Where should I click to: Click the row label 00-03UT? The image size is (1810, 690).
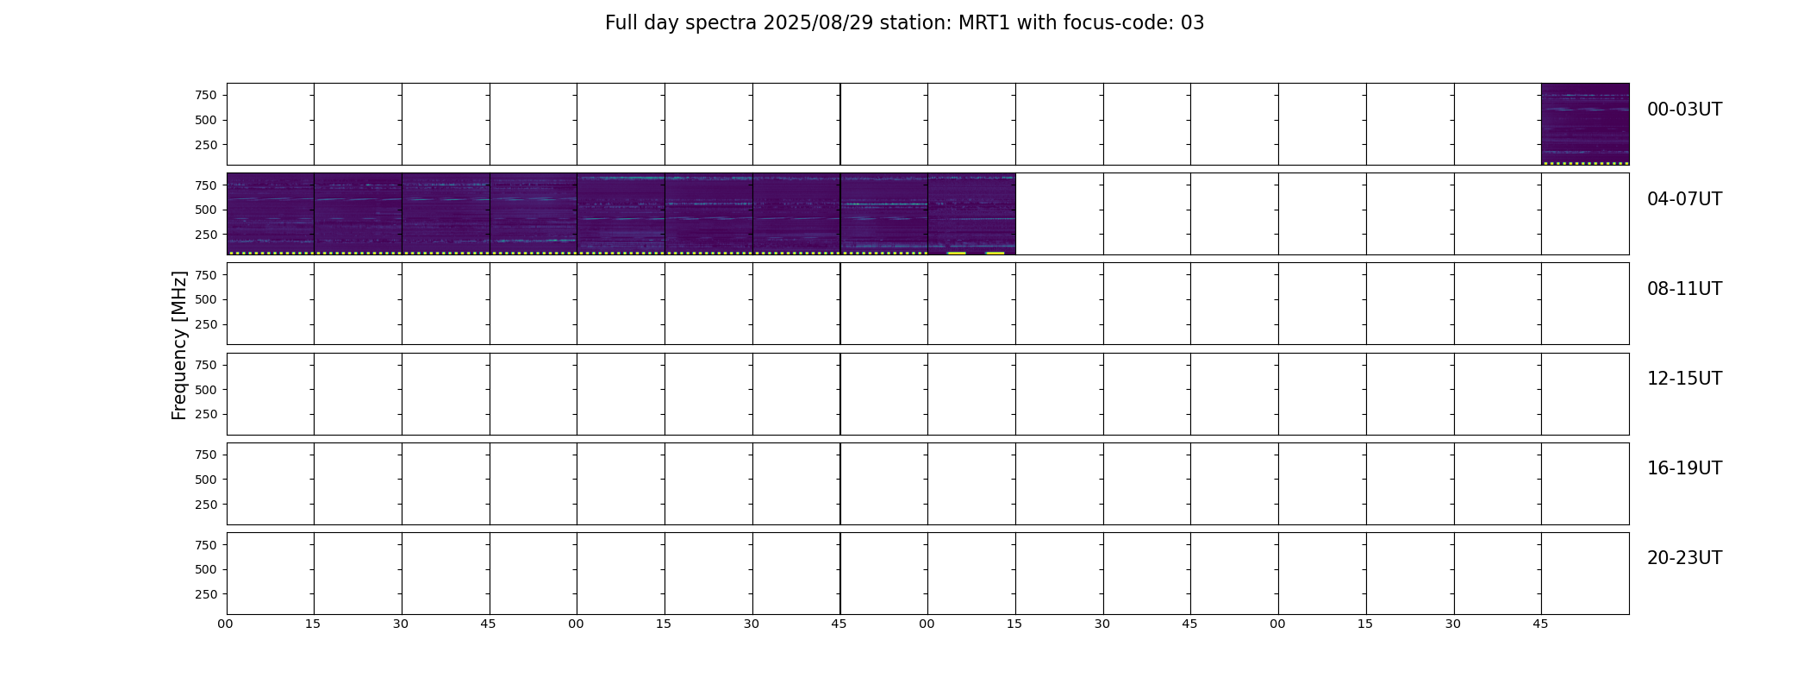point(1684,110)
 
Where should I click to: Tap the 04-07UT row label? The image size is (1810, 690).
point(1684,199)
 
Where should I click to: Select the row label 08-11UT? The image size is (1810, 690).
point(1684,289)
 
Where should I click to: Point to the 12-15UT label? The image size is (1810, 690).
point(1684,379)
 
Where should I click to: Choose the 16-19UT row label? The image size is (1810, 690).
point(1684,468)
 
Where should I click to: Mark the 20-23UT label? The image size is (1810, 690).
point(1684,558)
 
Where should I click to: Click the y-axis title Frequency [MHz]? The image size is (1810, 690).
point(179,346)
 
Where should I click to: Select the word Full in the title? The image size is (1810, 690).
point(621,23)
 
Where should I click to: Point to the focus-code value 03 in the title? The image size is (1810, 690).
point(1192,23)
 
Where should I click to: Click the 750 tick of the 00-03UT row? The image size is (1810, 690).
point(206,95)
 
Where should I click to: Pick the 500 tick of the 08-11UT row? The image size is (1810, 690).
point(206,300)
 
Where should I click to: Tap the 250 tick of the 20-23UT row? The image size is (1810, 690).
point(206,594)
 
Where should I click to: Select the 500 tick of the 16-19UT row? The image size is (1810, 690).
point(206,480)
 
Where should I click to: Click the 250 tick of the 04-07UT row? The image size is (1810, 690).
point(206,235)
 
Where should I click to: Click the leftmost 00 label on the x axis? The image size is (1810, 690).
point(226,624)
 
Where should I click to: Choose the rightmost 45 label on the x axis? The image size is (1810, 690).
point(1541,624)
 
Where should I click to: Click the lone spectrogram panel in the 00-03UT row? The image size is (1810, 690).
point(1585,124)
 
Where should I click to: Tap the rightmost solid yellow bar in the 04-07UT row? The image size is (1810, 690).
point(995,253)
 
